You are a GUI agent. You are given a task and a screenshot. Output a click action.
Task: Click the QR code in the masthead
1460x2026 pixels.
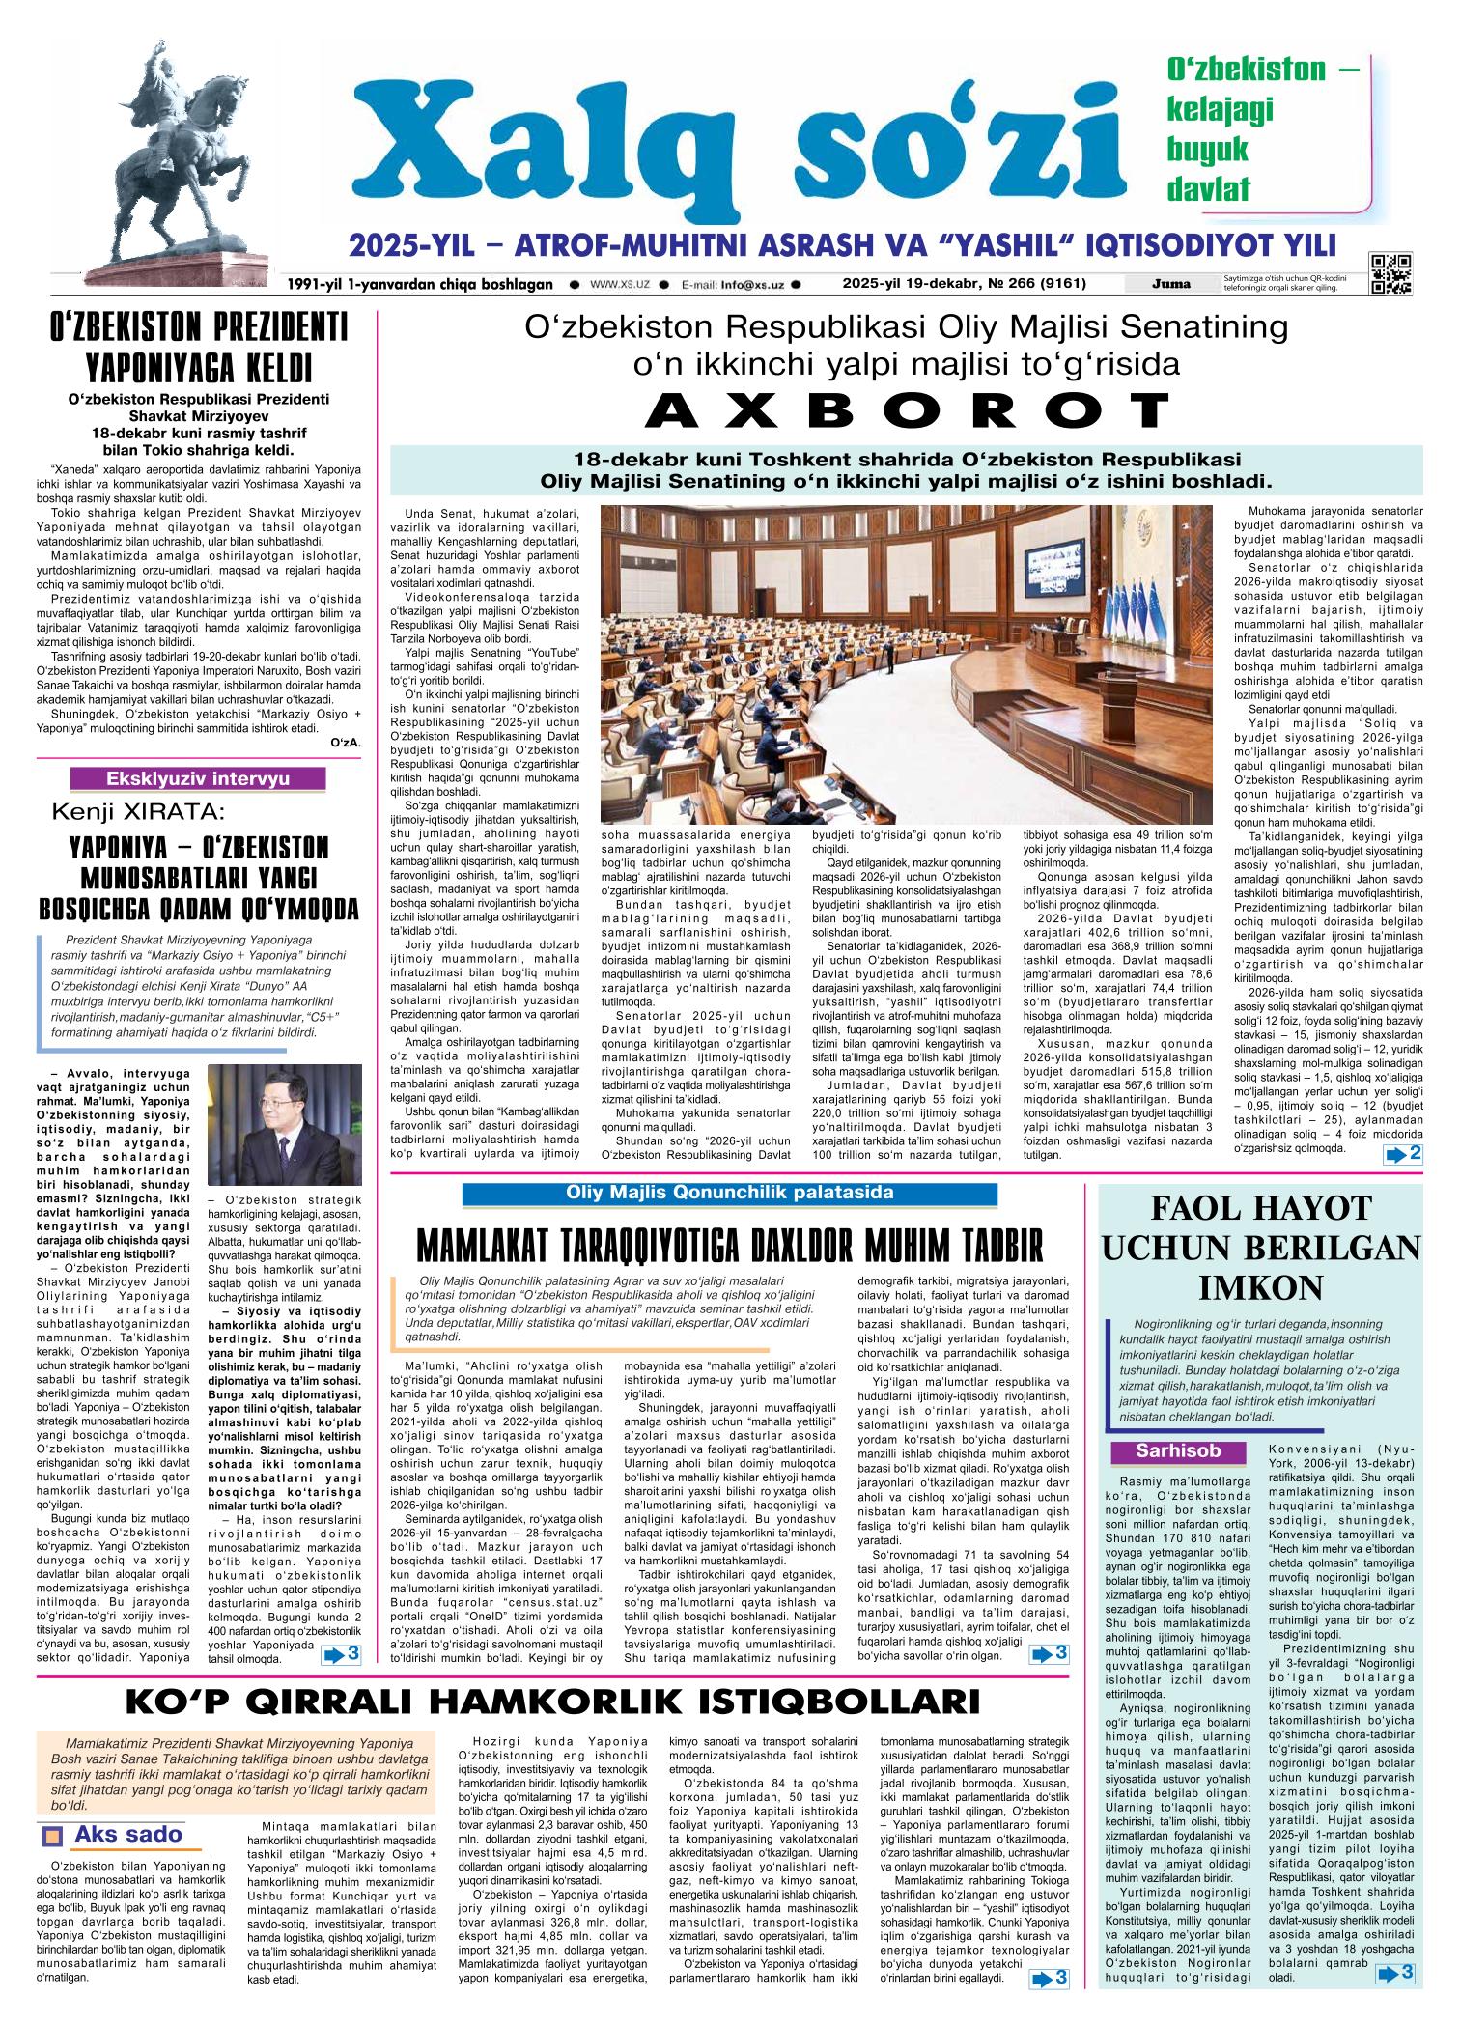coord(1390,274)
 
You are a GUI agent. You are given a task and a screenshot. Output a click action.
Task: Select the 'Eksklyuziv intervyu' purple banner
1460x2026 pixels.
coord(198,778)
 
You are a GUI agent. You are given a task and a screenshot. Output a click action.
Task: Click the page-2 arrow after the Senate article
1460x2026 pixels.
coord(1402,1154)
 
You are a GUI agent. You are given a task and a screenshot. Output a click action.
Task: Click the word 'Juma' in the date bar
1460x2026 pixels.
coord(1170,284)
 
